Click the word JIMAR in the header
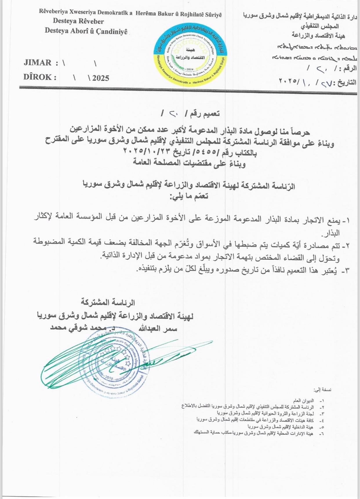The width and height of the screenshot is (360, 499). point(37,63)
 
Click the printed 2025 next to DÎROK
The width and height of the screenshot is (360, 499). point(101,78)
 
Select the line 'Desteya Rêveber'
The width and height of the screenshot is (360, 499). point(78,21)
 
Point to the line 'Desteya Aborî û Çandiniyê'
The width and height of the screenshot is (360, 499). point(86,31)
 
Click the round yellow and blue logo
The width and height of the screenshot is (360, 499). point(190,55)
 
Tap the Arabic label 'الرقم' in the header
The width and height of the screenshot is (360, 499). point(349,69)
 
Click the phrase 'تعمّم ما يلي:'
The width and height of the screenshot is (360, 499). point(189,196)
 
